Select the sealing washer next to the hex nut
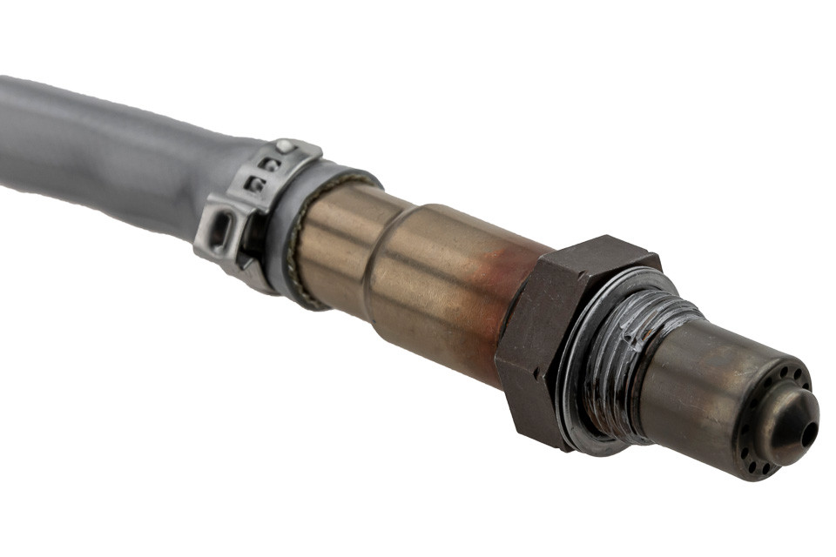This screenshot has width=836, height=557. [x=585, y=374]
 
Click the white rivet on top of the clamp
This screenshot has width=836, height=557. [x=284, y=146]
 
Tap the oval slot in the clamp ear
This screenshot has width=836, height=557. [x=220, y=232]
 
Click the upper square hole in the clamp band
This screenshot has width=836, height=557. [x=271, y=164]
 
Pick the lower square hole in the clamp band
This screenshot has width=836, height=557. [x=255, y=184]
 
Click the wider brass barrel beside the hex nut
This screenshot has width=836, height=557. [x=435, y=278]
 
